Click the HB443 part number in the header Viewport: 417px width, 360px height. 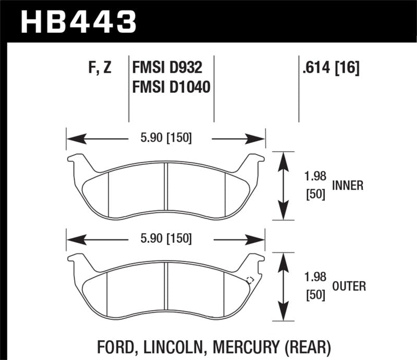[78, 21]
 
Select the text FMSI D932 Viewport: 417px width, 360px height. [165, 68]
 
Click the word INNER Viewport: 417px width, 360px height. [347, 185]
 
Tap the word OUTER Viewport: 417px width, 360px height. [348, 286]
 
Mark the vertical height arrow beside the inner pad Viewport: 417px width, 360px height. [283, 186]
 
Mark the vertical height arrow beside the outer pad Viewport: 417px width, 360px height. [283, 287]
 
